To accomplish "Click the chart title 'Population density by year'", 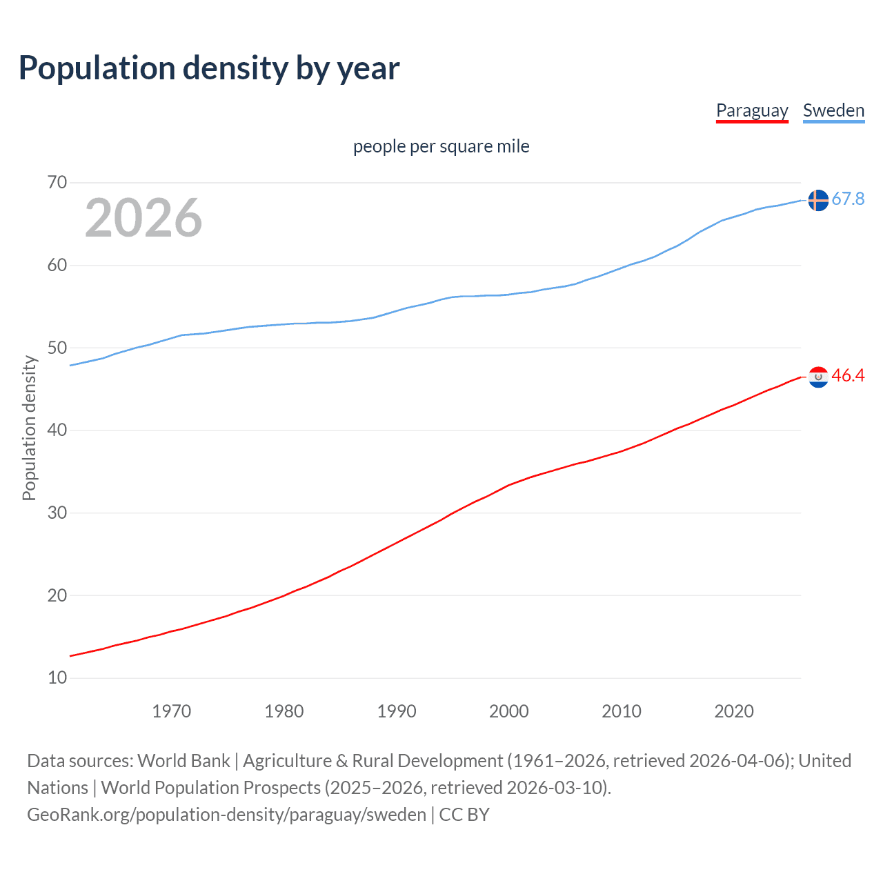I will click(x=209, y=68).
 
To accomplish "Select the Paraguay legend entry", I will click(x=752, y=110).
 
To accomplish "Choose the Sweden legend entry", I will click(x=833, y=110).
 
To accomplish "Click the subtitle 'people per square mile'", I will click(x=441, y=146).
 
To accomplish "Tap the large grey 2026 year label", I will click(x=143, y=218).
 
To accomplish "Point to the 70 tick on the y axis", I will click(x=57, y=183).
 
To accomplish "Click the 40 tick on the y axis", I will click(x=57, y=430).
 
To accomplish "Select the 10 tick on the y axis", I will click(x=57, y=678).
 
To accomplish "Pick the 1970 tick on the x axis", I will click(x=171, y=711).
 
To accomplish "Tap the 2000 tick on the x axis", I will click(x=508, y=711).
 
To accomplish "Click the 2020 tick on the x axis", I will click(x=733, y=711).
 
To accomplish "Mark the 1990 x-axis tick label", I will click(x=396, y=711).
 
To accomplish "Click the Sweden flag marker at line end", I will click(x=818, y=200).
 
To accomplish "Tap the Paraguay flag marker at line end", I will click(x=818, y=377).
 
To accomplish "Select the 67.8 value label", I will click(x=848, y=199).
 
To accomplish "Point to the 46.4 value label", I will click(x=848, y=376).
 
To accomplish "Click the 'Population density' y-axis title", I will click(x=29, y=428).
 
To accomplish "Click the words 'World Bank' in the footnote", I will click(x=183, y=761).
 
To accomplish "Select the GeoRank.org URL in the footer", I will click(x=226, y=815).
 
